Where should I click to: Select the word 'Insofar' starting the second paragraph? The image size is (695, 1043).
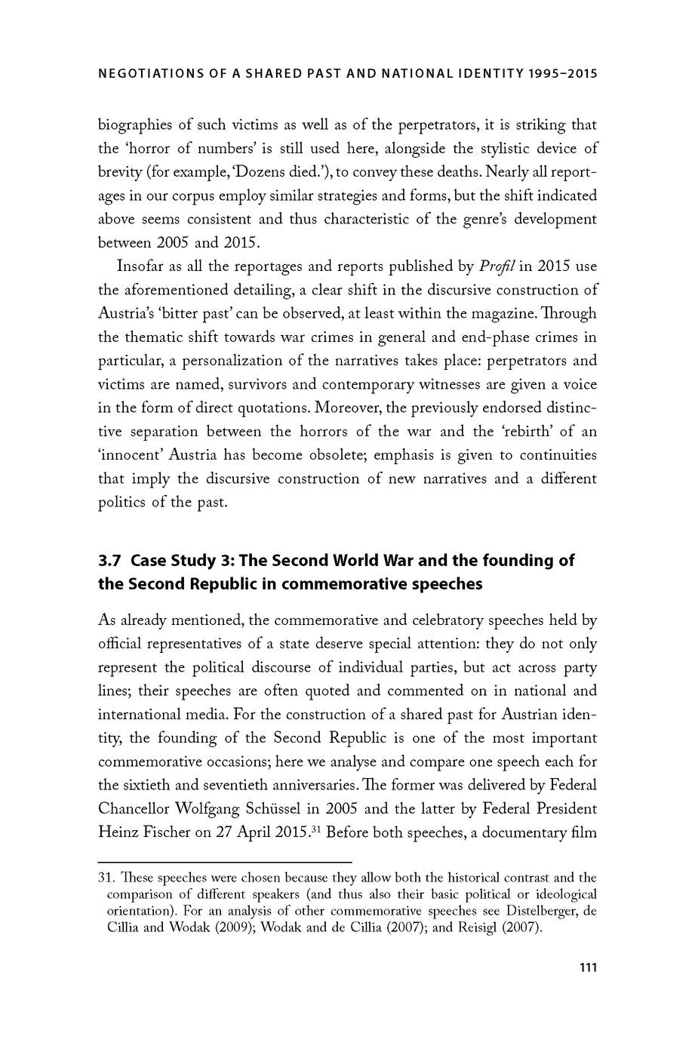click(x=141, y=266)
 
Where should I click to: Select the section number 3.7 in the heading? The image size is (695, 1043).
click(x=110, y=561)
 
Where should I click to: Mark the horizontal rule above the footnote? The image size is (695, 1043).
click(x=225, y=861)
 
